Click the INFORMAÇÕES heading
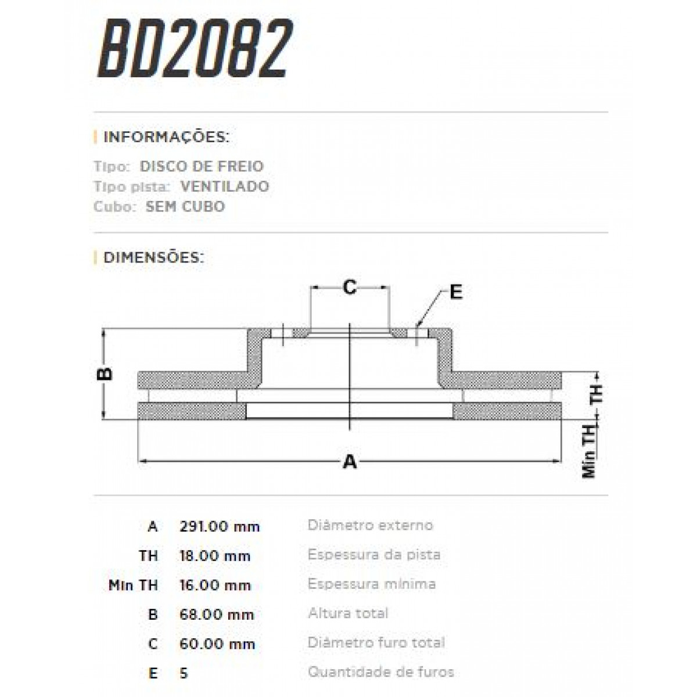pos(166,138)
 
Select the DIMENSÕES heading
pos(153,257)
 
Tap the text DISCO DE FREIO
pos(202,166)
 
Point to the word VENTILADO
pos(225,186)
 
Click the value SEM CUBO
pos(185,207)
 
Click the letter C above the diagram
pos(349,287)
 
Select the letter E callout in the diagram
pos(456,292)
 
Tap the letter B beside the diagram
pos(105,373)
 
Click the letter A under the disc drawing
pos(349,462)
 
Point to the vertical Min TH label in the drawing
pos(590,450)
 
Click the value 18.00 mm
pos(215,556)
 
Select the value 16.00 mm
pos(215,585)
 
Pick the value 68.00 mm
pos(217,615)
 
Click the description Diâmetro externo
pos(370,526)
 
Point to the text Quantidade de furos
pos(380,673)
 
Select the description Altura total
pos(348,613)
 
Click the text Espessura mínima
pos(372,584)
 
